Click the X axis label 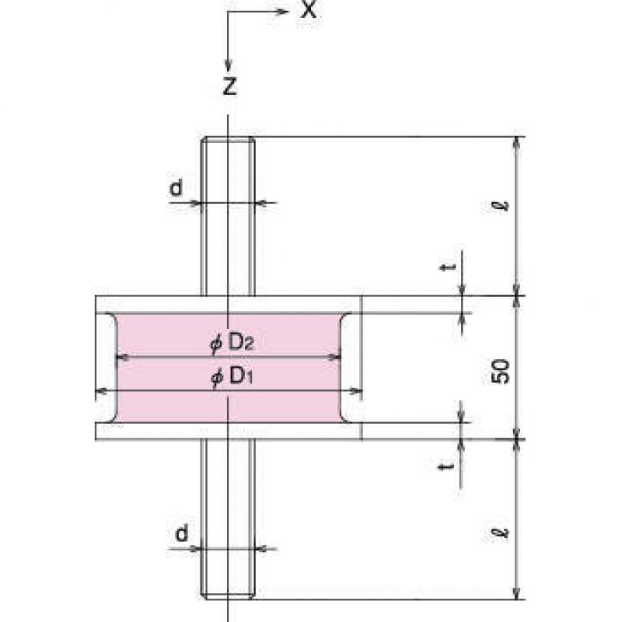coord(309,9)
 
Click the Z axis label coord(230,86)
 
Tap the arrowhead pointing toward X coord(281,11)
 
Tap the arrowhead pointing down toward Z coord(228,65)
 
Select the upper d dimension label coord(176,187)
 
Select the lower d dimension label coord(182,533)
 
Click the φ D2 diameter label coord(232,343)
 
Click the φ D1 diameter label coord(232,376)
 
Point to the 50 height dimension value coord(501,372)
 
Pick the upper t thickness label coord(448,267)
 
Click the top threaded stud coord(228,216)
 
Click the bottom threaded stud coord(228,519)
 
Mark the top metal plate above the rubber coord(229,305)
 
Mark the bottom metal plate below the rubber coord(229,432)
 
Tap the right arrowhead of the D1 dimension coord(357,392)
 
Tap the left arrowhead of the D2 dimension coord(121,358)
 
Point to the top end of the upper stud coord(228,138)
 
